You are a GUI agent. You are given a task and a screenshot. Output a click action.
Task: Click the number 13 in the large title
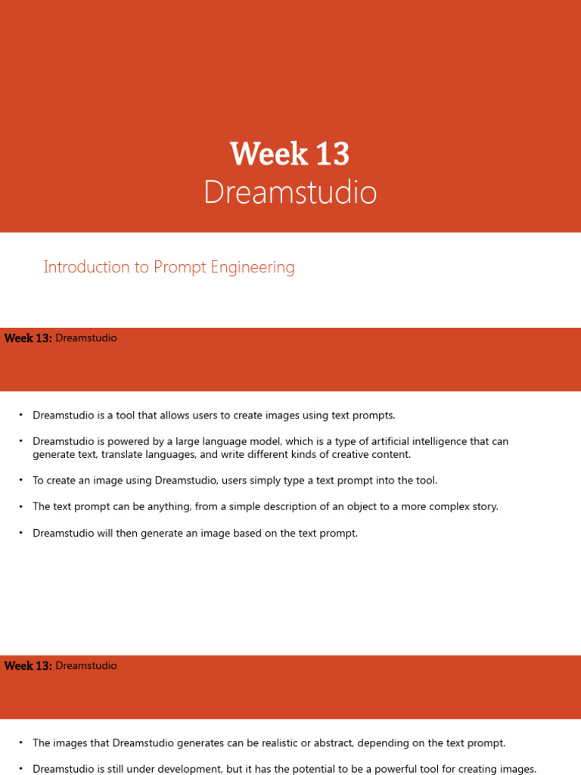331,154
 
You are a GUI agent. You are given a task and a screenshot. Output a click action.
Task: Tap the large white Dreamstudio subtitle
290,192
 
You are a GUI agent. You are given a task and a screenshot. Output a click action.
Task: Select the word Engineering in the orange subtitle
255,267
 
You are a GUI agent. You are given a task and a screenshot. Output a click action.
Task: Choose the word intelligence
446,441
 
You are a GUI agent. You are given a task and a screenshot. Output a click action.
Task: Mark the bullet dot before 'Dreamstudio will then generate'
21,533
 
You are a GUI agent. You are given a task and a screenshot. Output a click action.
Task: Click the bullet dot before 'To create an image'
21,480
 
